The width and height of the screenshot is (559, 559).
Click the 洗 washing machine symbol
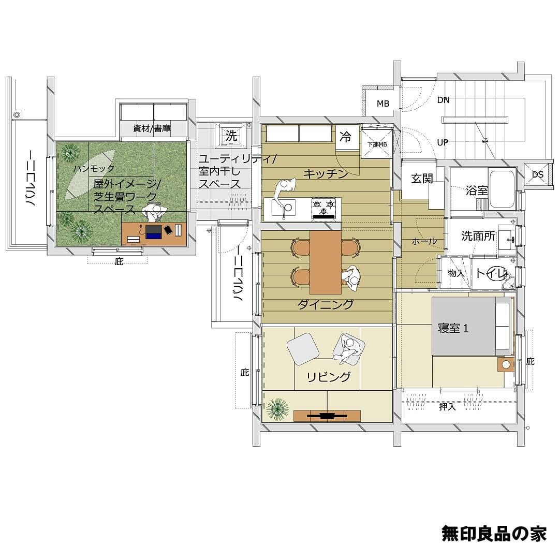click(x=231, y=135)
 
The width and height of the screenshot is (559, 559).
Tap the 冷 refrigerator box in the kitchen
click(x=345, y=137)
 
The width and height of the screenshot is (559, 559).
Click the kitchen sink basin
click(x=284, y=208)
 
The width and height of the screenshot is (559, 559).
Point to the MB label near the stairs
click(x=383, y=104)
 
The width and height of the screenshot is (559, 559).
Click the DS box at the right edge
click(x=537, y=174)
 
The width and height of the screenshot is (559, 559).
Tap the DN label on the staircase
click(x=443, y=100)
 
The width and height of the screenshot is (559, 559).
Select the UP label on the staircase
click(x=443, y=143)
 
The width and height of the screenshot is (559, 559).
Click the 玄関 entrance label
click(x=422, y=178)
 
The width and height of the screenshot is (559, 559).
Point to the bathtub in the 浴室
click(x=503, y=189)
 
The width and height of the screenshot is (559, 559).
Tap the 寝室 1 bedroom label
click(x=453, y=328)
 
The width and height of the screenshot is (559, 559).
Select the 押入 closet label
click(x=447, y=406)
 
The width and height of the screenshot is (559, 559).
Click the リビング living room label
click(x=329, y=377)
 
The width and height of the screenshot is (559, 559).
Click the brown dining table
click(x=326, y=262)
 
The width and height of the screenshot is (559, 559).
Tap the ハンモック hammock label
click(x=94, y=168)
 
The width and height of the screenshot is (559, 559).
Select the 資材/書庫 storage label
click(x=152, y=128)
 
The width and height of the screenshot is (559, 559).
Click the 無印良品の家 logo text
click(x=494, y=533)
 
